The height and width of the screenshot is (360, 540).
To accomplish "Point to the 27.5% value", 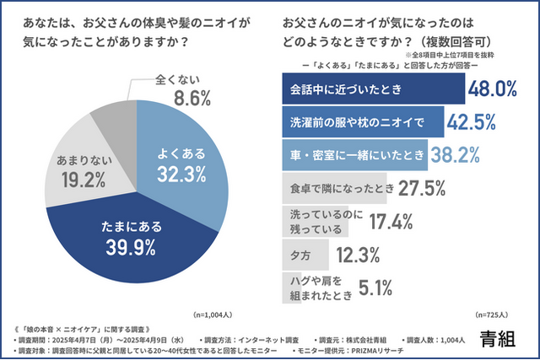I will click(x=418, y=187).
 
